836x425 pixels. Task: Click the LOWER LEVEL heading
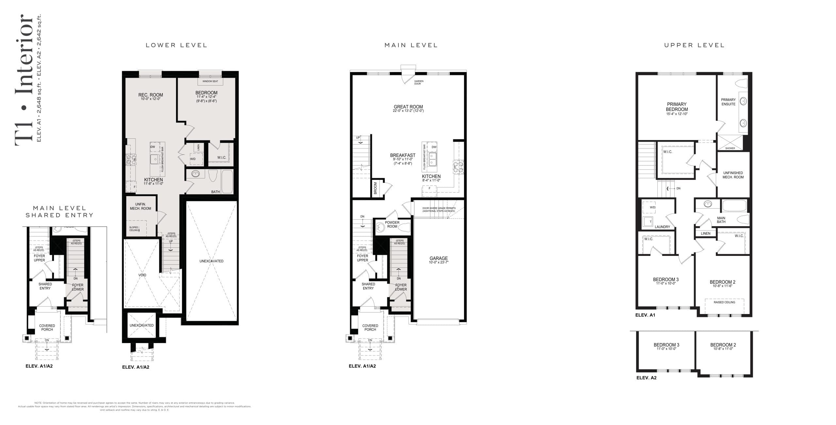click(176, 45)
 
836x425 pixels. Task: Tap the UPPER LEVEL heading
click(694, 45)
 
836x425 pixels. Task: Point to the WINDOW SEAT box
click(210, 81)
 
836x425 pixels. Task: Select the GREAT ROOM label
click(408, 107)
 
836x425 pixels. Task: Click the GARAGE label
click(439, 258)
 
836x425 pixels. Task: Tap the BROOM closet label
click(376, 188)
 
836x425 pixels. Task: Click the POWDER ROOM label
click(392, 225)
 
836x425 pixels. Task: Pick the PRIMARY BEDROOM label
click(677, 107)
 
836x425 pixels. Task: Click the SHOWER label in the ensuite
click(730, 148)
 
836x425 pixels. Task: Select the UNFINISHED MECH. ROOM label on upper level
click(733, 175)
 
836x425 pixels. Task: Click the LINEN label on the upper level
click(706, 233)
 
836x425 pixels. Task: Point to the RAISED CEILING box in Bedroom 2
click(724, 302)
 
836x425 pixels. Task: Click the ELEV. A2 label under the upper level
click(646, 378)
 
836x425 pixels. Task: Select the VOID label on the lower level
click(142, 275)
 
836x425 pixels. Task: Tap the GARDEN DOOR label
click(418, 83)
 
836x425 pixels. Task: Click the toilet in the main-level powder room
click(405, 227)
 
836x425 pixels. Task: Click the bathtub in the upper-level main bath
click(734, 206)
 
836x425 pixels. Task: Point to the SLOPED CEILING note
click(134, 229)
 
